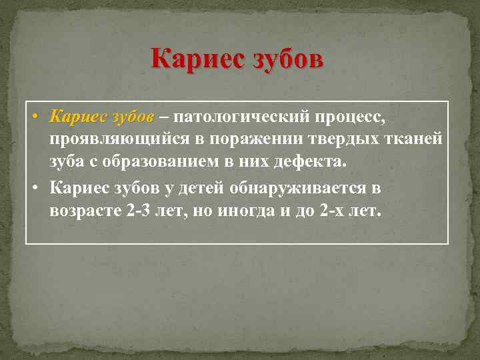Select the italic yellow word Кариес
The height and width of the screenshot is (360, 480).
[x=77, y=117]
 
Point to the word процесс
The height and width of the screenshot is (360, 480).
[x=352, y=117]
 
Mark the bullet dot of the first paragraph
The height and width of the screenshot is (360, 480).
[x=33, y=118]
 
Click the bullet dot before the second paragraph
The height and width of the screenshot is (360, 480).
[x=33, y=189]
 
